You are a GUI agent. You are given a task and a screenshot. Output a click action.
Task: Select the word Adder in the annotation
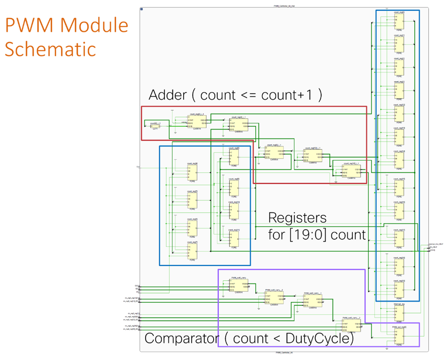tap(167, 95)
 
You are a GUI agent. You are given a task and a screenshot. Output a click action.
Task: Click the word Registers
tap(297, 218)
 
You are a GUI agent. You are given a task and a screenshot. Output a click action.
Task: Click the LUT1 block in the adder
tap(155, 125)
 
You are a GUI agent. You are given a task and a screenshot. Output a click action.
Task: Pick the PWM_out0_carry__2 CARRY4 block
tap(351, 325)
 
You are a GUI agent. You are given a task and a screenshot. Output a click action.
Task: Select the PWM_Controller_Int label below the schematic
tap(284, 353)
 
